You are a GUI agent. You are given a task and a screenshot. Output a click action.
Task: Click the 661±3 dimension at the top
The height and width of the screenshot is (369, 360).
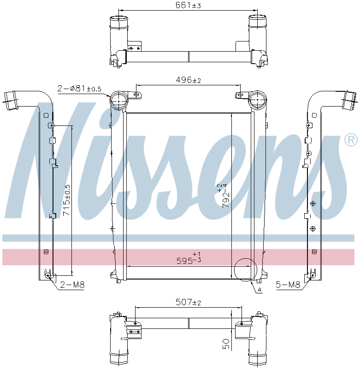coord(188,6)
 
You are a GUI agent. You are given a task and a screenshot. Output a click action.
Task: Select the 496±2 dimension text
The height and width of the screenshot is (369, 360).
coord(189,80)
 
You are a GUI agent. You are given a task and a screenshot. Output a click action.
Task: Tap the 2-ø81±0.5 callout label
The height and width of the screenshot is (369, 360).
coord(80,88)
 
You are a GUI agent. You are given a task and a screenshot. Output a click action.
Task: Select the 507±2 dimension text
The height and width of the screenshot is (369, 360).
coord(188,303)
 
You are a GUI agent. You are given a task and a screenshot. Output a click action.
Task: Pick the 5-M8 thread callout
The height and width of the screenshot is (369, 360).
coord(288,286)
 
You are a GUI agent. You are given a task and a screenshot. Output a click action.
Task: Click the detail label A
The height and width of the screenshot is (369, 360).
coord(260,290)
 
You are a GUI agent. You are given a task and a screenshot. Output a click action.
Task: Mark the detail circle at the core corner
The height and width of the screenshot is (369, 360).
coord(244,269)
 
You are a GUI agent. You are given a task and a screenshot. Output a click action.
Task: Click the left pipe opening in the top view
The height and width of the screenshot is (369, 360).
coord(118,21)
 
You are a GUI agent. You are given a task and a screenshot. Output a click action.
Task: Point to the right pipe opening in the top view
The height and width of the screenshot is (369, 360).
coord(258,21)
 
